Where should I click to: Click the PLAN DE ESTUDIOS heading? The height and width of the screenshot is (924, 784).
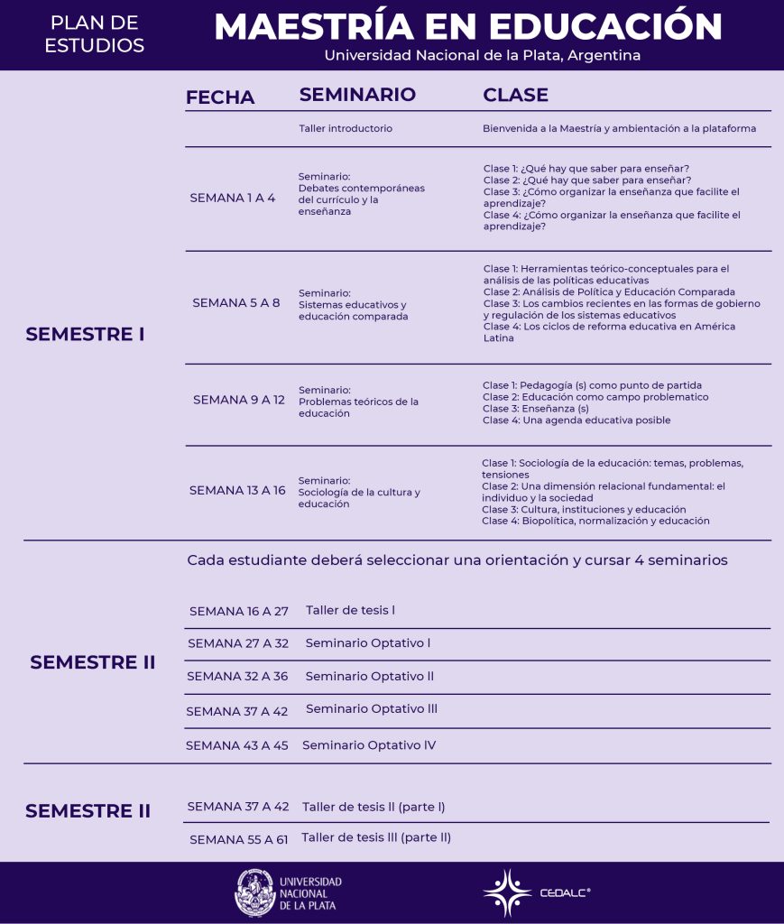(95, 34)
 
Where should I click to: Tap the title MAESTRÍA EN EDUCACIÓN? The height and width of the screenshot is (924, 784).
(467, 26)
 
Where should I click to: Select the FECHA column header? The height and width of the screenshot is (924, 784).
(220, 97)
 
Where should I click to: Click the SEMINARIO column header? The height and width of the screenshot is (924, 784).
(357, 95)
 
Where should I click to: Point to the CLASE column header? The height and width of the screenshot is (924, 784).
(515, 95)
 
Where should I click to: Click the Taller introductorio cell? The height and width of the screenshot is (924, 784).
(346, 128)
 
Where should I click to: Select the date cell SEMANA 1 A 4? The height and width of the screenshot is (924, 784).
(233, 198)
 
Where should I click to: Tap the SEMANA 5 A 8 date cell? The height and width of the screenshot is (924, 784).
(236, 303)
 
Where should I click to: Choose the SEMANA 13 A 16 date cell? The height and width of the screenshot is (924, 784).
(237, 490)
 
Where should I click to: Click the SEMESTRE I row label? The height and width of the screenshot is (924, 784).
(85, 335)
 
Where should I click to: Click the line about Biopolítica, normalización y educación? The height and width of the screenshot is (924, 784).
(595, 521)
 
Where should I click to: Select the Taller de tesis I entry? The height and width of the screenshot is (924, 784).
(350, 610)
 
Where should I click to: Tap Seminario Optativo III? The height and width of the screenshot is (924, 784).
(372, 709)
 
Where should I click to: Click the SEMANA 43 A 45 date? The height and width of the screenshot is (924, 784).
(237, 745)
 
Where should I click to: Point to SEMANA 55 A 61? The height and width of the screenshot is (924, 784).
(238, 839)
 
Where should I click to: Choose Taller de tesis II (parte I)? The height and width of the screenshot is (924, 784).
(374, 807)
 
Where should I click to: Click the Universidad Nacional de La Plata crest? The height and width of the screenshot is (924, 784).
(254, 892)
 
